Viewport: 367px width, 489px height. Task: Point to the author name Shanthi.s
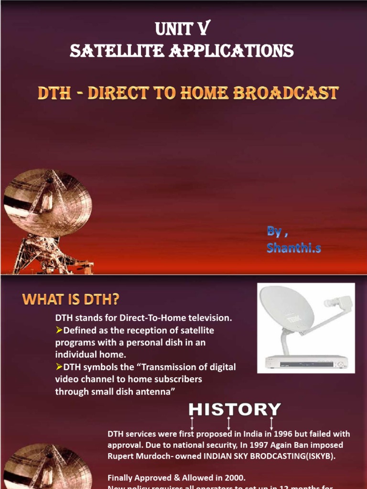point(288,247)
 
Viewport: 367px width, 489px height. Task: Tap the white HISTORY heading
point(234,409)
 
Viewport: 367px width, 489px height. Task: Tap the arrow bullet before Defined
point(60,330)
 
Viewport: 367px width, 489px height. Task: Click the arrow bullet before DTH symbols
point(60,367)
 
